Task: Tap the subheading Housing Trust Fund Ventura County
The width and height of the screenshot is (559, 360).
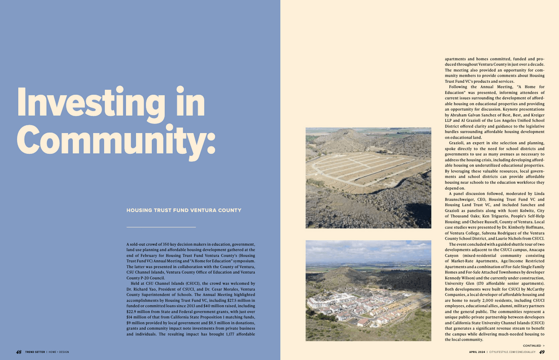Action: pos(183,210)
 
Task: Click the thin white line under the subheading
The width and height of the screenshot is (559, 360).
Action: pos(161,227)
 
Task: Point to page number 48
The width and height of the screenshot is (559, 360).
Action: pos(18,352)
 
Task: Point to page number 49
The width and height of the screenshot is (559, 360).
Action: pos(542,352)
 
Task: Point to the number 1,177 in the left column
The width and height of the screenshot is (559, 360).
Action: pos(231,335)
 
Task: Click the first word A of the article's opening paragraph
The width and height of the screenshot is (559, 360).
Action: pos(128,244)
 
